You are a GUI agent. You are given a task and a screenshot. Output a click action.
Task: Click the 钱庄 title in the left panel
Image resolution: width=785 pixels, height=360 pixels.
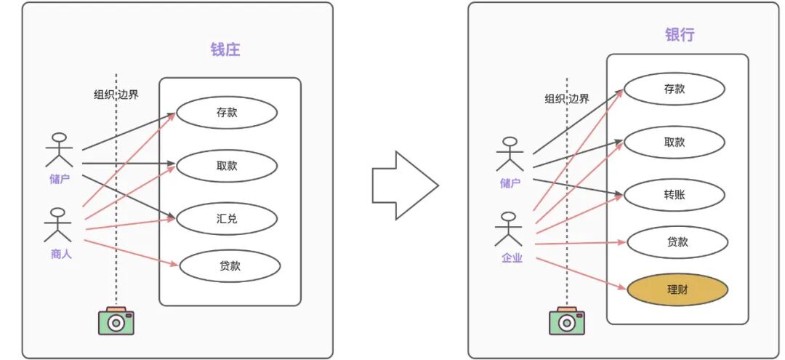point(225,49)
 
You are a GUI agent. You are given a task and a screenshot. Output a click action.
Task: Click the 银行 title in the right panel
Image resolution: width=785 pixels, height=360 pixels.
point(680,34)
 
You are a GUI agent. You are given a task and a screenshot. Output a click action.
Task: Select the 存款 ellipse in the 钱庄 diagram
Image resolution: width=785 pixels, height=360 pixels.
point(227,113)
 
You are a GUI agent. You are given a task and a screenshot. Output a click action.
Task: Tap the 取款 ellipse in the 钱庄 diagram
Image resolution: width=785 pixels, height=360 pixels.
point(227,165)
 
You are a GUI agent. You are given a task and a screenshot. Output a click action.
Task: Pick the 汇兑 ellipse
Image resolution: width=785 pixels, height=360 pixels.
point(227,218)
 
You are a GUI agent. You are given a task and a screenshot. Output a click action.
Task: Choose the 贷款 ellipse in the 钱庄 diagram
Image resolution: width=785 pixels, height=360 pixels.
point(230,265)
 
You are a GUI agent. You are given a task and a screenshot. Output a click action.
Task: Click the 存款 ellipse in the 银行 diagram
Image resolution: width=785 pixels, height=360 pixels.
point(675,89)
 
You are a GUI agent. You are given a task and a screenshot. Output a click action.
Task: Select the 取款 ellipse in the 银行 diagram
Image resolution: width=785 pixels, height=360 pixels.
point(675,142)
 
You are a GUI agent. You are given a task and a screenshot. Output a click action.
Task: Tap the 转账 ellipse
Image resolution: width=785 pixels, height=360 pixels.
point(675,194)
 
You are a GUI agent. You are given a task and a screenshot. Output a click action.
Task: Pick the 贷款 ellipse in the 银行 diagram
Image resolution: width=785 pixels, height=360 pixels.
point(677,242)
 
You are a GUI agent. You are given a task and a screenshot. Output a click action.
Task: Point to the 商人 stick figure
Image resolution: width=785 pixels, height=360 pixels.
point(59,225)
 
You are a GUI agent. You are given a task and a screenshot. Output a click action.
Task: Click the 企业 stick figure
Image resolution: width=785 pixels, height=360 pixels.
point(509,229)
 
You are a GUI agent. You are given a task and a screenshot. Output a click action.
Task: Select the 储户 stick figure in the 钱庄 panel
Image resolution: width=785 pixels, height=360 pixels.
point(59,151)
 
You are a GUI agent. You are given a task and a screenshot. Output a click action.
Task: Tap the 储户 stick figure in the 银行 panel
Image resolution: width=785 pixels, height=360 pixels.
point(510,154)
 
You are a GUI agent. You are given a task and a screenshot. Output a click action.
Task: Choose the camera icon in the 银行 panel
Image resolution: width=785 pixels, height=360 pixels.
point(567,320)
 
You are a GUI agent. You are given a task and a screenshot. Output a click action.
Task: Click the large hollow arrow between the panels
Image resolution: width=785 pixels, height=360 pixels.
point(404,185)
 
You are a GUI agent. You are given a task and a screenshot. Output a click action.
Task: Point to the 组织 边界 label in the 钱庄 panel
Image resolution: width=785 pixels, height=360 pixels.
point(116,95)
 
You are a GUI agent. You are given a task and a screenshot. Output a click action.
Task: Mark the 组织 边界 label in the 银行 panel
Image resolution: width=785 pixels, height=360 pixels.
point(567,99)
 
